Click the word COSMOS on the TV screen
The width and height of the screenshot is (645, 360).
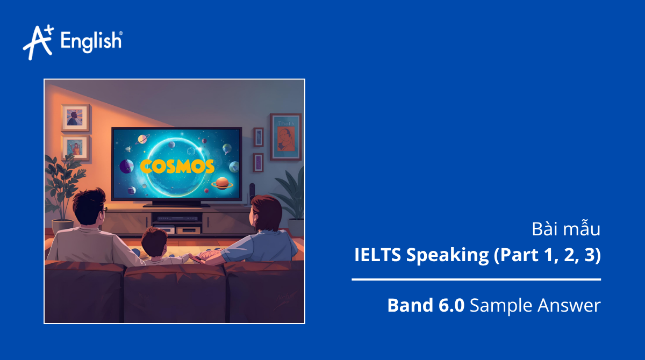177,166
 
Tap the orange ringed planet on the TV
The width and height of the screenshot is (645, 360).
221,184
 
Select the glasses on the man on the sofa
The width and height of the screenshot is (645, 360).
104,209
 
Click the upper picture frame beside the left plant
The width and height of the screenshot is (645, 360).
75,117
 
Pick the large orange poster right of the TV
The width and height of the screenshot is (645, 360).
285,136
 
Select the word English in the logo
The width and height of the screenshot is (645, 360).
91,42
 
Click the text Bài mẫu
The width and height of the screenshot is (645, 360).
565,229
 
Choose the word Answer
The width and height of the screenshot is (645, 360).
570,306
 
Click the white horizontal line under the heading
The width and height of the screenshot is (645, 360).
476,279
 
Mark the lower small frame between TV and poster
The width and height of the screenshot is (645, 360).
259,162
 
